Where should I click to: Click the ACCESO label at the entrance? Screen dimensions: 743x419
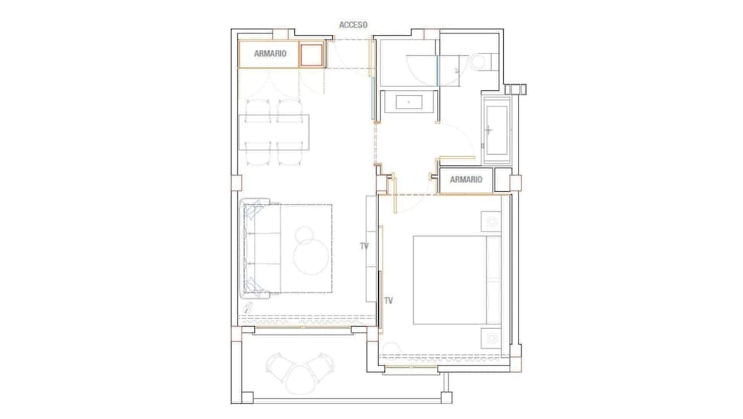pos(353,25)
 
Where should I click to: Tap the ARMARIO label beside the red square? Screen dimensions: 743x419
pos(270,54)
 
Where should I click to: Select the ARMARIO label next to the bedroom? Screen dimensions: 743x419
pos(466,179)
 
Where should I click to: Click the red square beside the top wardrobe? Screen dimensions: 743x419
pos(312,55)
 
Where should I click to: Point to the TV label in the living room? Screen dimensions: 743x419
pos(364,246)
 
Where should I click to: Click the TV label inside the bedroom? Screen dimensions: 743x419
pos(389,301)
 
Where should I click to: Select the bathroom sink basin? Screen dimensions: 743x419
pos(409,101)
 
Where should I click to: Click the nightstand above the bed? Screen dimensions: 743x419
pos(491,222)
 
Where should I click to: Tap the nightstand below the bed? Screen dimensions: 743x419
pos(491,339)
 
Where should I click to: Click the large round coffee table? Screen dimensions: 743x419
pos(311,256)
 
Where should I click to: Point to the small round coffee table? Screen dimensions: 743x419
pos(304,235)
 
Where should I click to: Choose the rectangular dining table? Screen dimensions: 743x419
pos(274,132)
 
